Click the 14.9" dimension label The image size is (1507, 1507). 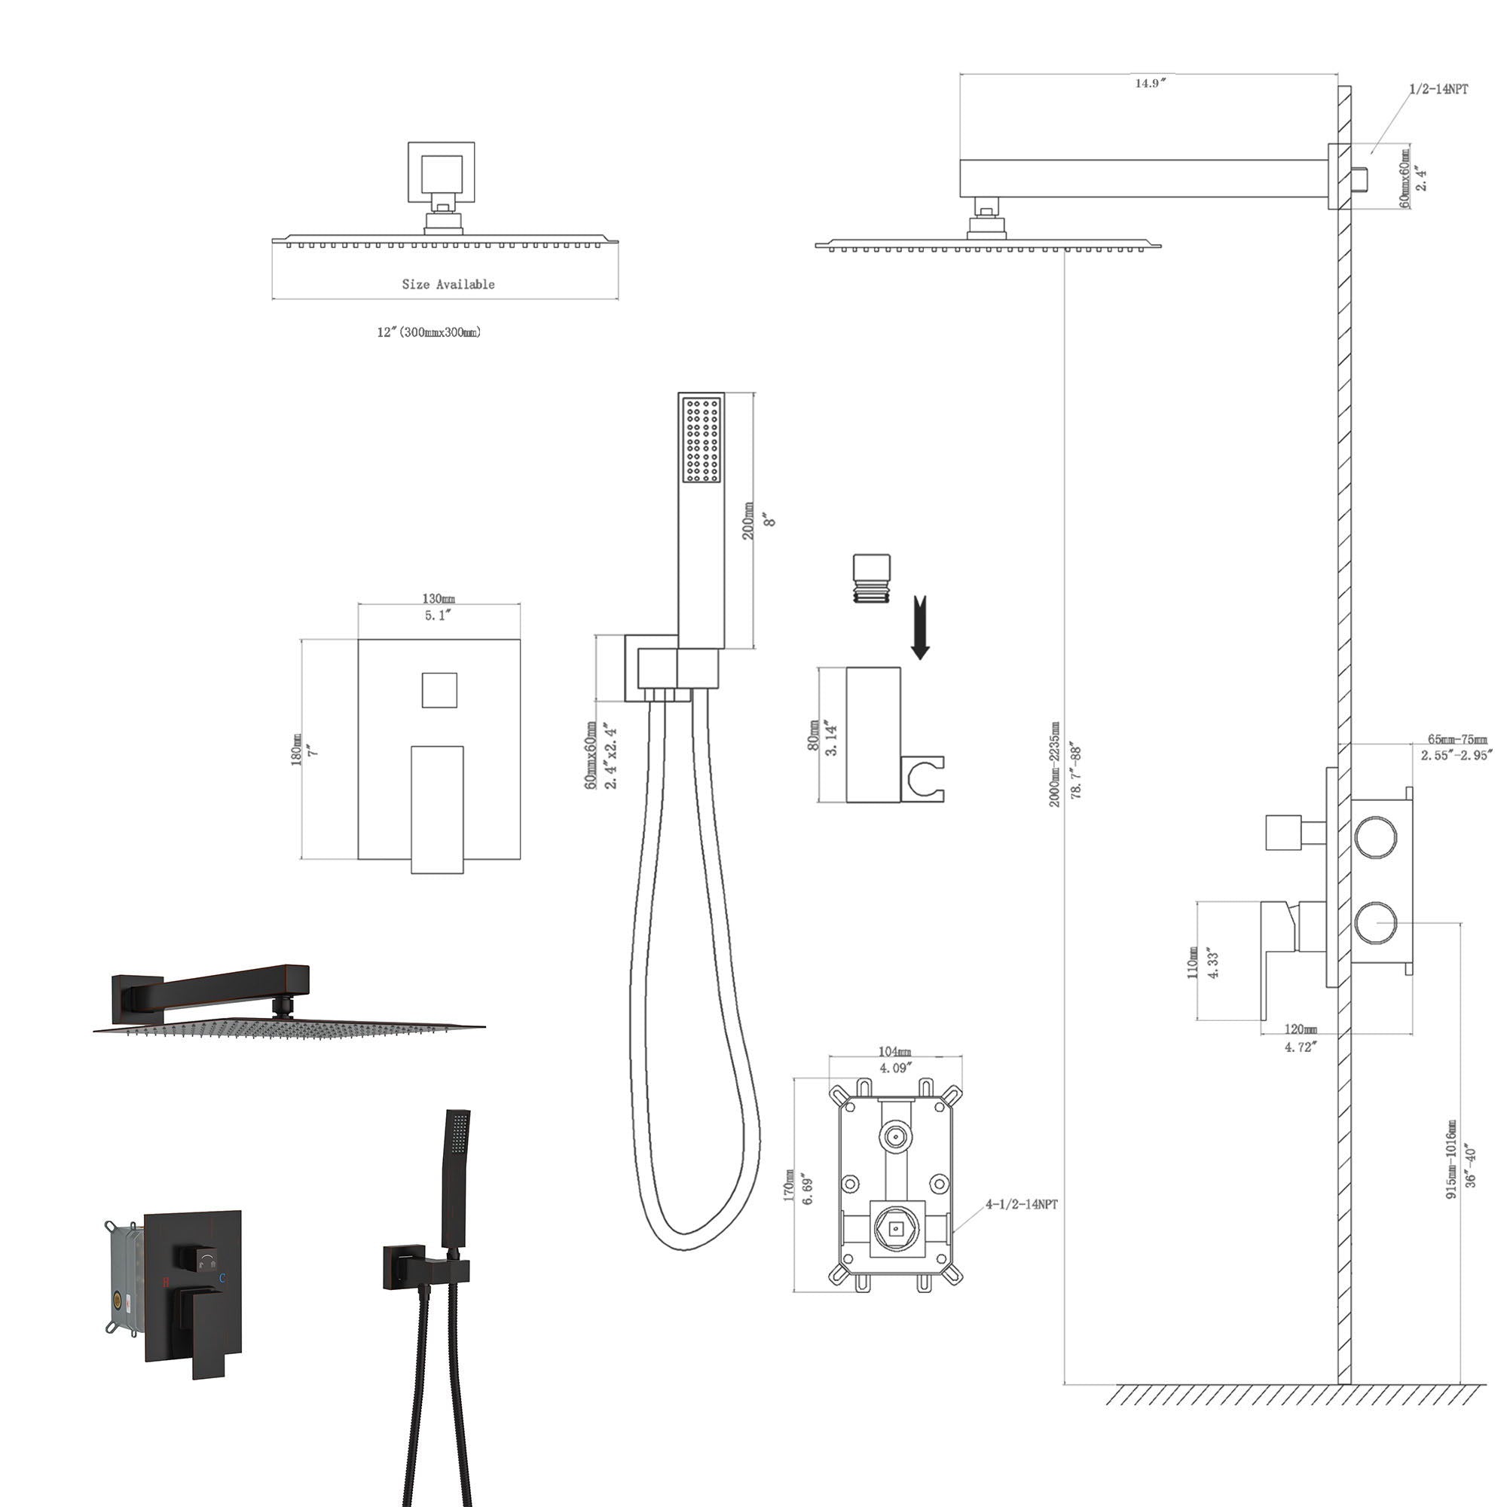1150,84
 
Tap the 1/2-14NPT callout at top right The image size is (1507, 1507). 1438,89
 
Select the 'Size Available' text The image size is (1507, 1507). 448,285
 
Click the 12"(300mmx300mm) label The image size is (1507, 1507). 429,332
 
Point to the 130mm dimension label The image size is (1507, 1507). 439,599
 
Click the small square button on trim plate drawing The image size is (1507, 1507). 439,690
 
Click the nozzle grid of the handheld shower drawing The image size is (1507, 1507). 702,440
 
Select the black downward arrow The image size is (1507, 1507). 921,628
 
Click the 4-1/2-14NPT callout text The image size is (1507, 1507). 1021,1204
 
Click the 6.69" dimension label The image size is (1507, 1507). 808,1188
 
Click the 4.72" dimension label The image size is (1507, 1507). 1301,1047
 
